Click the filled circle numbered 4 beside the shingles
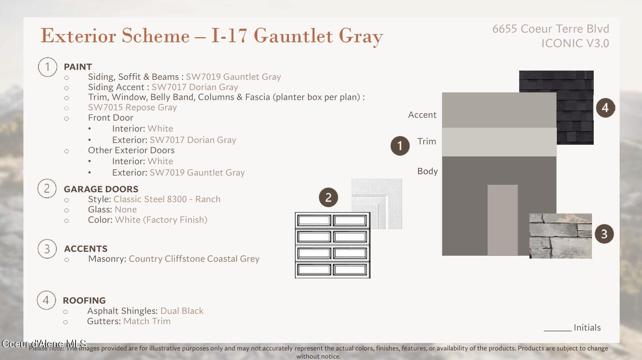[x=605, y=108]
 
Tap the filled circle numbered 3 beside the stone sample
[x=604, y=234]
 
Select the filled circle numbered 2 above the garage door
[x=328, y=197]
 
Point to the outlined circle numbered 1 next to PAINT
[x=48, y=67]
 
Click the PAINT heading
[x=78, y=67]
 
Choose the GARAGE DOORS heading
[x=101, y=189]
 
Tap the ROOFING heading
[x=84, y=300]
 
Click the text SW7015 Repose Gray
[x=132, y=107]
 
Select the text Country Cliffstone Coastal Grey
[x=194, y=259]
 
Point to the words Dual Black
[x=182, y=311]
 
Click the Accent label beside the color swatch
[x=422, y=115]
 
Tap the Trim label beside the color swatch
[x=427, y=141]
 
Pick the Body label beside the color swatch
[x=428, y=171]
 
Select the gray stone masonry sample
[x=560, y=236]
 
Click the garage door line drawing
[x=333, y=245]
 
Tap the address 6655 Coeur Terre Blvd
[x=550, y=29]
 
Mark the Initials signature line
[x=558, y=331]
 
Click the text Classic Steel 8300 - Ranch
[x=167, y=199]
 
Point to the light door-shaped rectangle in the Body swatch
[x=503, y=220]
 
